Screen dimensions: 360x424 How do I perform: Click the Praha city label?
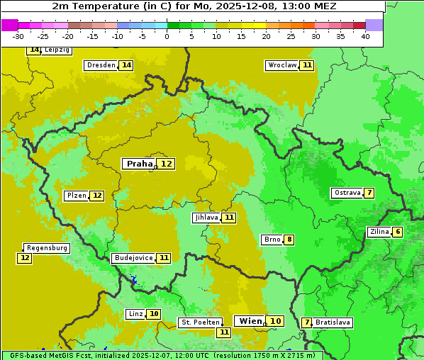(139, 164)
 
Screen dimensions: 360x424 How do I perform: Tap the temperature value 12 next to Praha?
(166, 164)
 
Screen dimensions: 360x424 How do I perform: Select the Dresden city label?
(101, 65)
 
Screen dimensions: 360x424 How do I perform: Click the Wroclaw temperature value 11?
(306, 65)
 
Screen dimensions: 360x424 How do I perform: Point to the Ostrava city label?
(347, 193)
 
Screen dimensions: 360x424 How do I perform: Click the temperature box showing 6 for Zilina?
(398, 232)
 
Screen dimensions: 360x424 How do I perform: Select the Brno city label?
(272, 240)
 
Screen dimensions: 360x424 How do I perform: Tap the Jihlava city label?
(206, 218)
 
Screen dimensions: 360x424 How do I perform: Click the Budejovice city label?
(133, 258)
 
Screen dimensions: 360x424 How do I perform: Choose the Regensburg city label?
(47, 248)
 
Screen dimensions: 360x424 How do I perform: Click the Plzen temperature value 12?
(97, 196)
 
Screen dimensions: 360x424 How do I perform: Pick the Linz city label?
(135, 314)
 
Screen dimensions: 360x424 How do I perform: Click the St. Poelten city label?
(200, 322)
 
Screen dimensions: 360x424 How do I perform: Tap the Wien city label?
(250, 321)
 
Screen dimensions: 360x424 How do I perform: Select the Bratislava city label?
(333, 322)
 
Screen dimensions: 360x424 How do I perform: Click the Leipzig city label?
(57, 50)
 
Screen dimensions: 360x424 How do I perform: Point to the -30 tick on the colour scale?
(18, 36)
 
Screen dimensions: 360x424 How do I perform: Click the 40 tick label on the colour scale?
(364, 36)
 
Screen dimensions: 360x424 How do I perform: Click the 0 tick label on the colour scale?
(167, 36)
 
